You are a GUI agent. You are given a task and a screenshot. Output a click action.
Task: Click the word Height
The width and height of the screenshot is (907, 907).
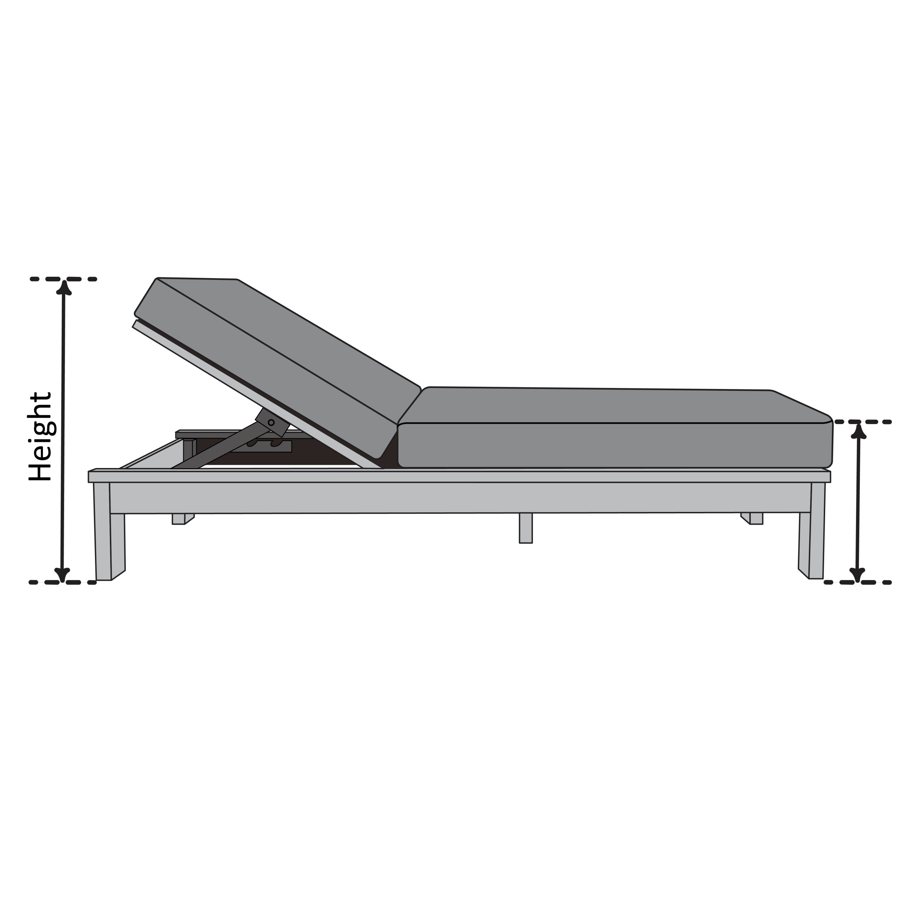point(40,437)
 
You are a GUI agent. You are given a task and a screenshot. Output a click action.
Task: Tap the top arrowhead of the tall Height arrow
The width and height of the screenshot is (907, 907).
point(64,287)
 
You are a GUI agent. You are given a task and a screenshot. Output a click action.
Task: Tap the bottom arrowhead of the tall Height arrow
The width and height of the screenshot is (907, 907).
point(62,575)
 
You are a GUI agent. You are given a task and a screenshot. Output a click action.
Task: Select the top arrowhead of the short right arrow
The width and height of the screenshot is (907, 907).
point(859,431)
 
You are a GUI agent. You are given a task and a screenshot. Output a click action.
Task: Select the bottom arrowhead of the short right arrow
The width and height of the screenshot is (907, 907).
point(858,575)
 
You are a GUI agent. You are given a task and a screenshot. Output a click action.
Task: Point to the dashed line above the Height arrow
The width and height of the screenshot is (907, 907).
point(63,279)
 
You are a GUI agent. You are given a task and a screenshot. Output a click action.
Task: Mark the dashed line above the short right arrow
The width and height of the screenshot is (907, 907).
point(862,422)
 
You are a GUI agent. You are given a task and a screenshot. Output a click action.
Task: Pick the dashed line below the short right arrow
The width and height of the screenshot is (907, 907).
point(858,582)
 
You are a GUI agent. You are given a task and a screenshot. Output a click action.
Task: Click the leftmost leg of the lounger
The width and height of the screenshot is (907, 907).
point(110,531)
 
